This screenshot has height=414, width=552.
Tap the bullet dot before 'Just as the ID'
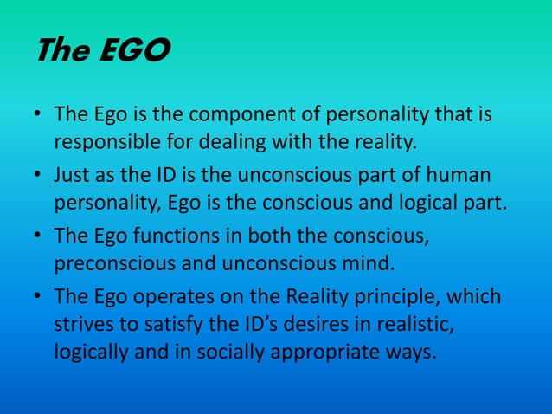coord(37,177)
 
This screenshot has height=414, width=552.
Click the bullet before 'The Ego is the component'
coord(37,116)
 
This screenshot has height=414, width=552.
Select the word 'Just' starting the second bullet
coord(73,176)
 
